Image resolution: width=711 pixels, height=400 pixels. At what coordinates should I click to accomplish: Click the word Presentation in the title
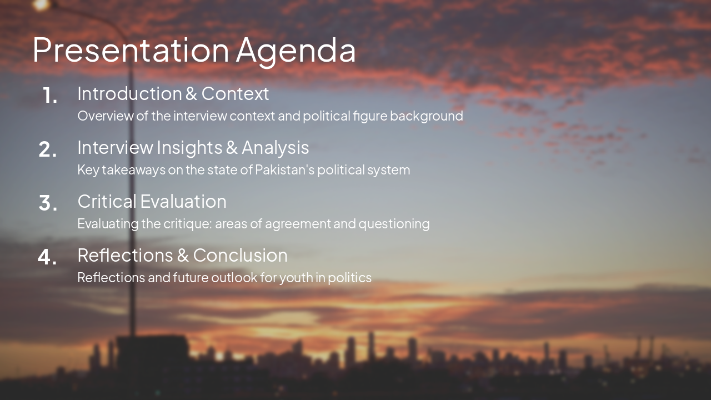(131, 50)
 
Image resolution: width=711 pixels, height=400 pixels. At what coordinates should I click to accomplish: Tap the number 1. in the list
(50, 96)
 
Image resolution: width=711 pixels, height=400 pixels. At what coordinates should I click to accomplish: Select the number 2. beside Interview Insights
(48, 150)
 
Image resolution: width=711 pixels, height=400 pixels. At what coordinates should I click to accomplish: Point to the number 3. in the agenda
(48, 203)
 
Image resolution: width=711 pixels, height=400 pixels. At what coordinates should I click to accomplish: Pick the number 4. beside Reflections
(48, 257)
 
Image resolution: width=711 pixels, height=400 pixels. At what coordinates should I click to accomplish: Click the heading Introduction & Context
(173, 93)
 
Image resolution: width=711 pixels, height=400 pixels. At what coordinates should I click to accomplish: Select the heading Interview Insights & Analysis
(193, 147)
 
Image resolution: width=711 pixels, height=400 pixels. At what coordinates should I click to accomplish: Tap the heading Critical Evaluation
(152, 201)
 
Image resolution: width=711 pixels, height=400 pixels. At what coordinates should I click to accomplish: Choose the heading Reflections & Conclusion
(182, 255)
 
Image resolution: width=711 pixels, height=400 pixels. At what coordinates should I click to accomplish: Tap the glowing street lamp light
(41, 5)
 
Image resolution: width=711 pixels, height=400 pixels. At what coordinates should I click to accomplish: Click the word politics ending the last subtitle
(349, 278)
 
